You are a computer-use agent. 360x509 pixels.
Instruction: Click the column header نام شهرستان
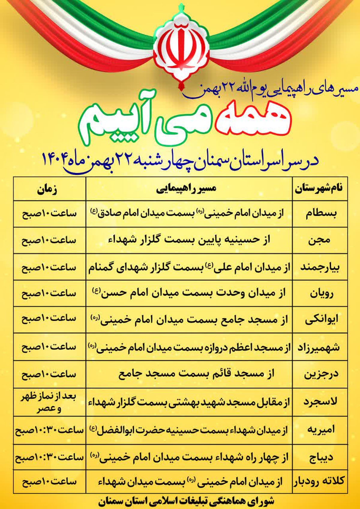tap(319, 189)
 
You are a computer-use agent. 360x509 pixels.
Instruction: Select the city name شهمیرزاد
tap(319, 347)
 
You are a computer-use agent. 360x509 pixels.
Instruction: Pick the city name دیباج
tap(320, 458)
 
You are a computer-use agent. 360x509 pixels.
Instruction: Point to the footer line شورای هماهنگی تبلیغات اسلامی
tap(186, 501)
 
